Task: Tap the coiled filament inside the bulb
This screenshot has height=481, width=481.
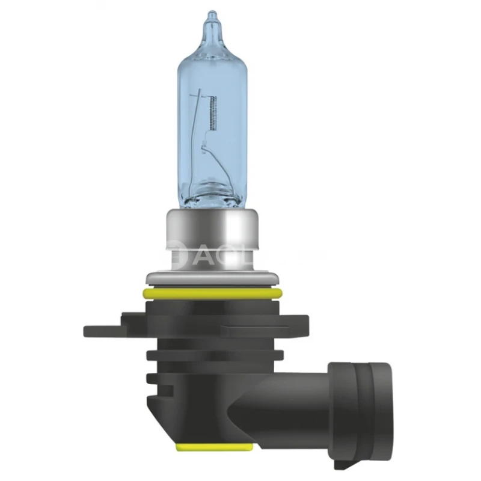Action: point(211,111)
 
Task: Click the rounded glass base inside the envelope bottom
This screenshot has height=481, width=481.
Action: point(210,192)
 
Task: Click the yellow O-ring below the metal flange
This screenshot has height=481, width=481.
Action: point(210,293)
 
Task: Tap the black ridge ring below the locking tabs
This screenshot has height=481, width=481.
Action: point(210,355)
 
